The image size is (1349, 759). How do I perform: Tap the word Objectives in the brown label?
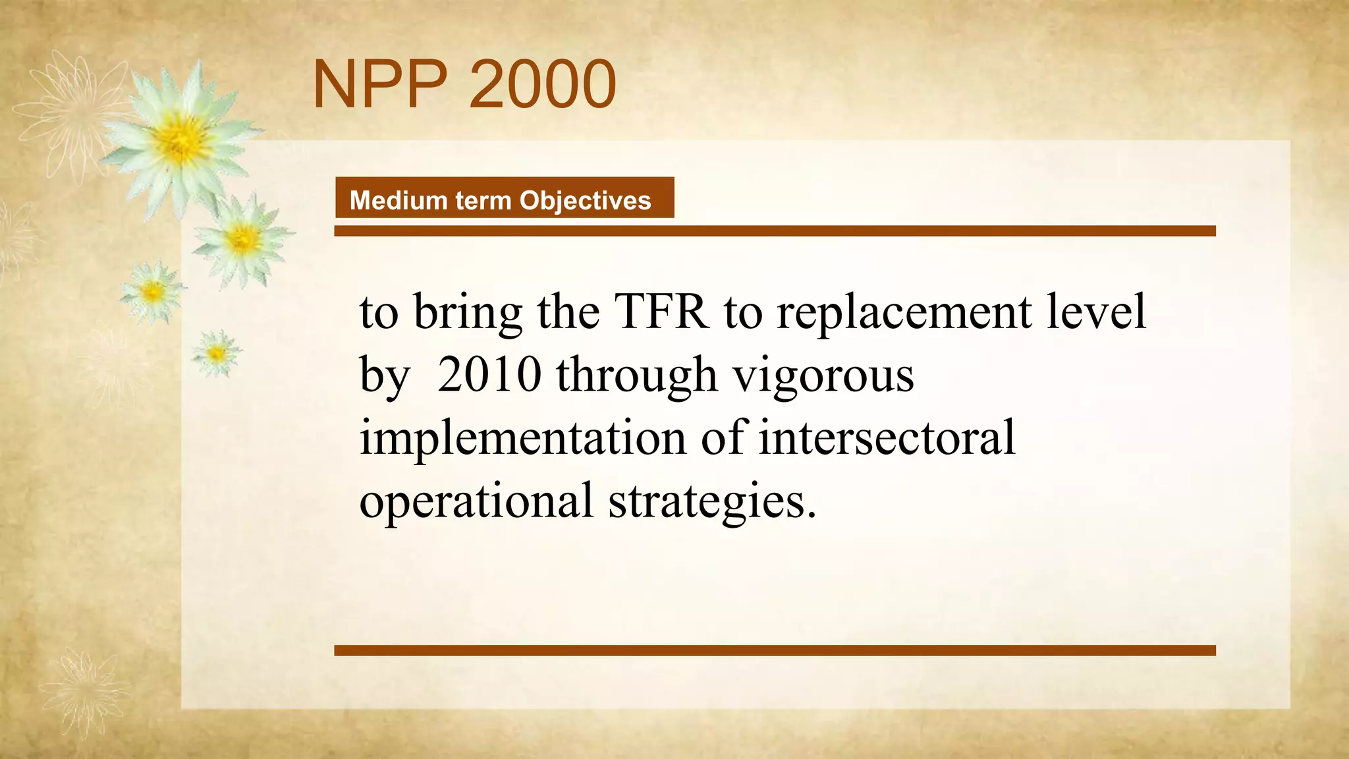[x=585, y=200]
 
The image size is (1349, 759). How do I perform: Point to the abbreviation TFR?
[x=661, y=312]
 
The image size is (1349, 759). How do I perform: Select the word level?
[x=1096, y=312]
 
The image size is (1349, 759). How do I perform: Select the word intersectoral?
[x=887, y=437]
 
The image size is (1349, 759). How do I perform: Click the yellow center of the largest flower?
[x=179, y=140]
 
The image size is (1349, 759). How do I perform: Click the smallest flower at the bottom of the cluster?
[x=216, y=354]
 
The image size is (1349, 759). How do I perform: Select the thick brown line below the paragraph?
[x=775, y=650]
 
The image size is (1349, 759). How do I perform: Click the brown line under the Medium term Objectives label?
[x=775, y=231]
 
